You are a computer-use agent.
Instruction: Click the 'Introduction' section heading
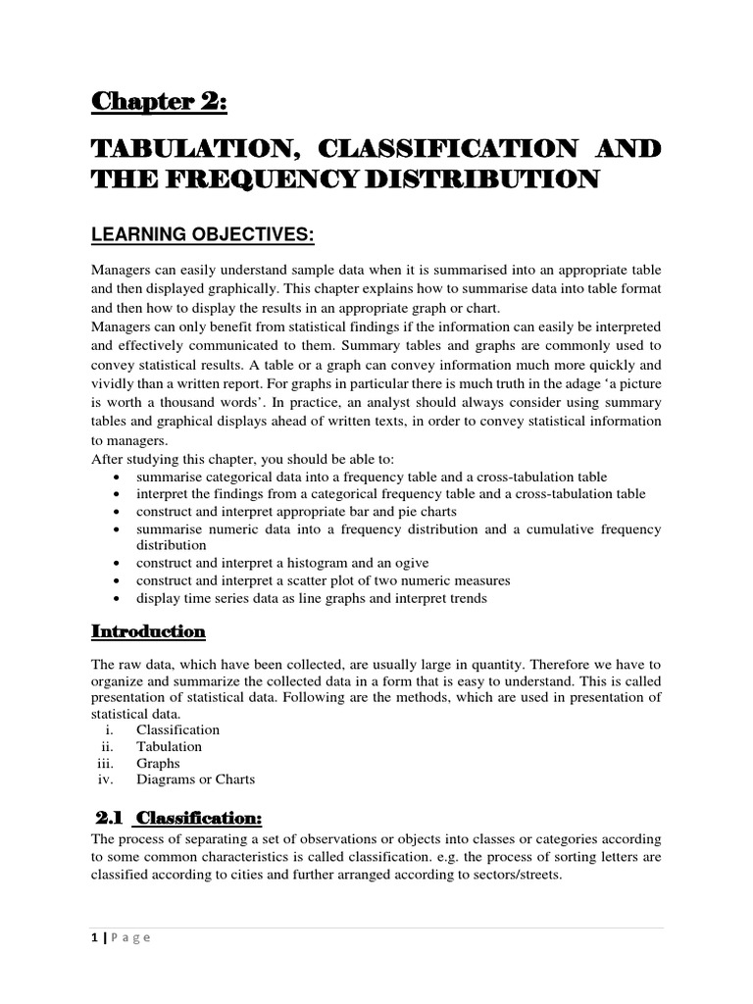(x=148, y=630)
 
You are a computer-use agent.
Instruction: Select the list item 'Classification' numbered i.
(x=177, y=729)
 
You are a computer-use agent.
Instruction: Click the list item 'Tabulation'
(x=169, y=746)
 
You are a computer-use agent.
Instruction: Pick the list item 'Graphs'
(x=158, y=763)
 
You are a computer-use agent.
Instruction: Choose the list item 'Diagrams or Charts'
(x=195, y=779)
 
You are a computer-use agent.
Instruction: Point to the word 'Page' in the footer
(x=130, y=937)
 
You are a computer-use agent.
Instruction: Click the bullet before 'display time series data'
(x=118, y=598)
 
